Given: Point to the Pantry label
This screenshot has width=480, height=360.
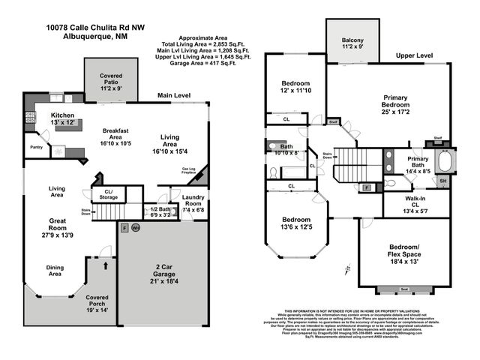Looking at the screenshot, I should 34,148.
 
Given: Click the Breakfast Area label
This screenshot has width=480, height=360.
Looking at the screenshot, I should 118,134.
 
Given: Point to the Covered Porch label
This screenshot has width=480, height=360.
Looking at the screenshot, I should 97,303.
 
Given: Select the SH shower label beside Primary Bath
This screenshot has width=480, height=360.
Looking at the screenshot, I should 442,181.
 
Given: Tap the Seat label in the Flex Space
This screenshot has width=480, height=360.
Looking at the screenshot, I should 404,289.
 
